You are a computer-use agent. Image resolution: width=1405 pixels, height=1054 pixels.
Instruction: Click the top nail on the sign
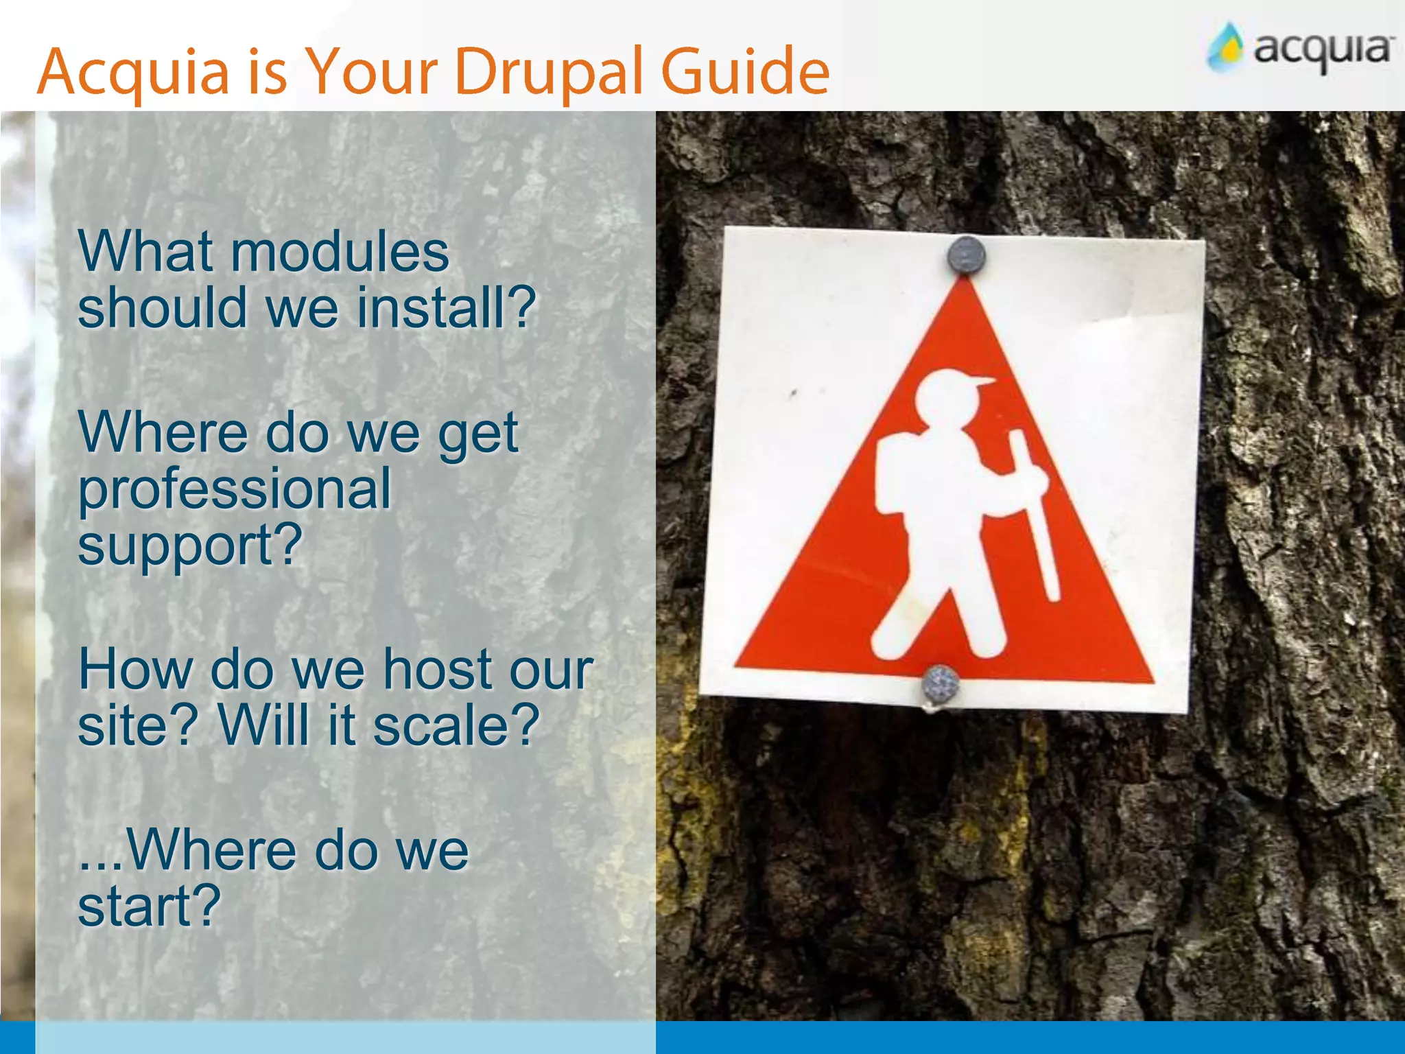[x=966, y=255]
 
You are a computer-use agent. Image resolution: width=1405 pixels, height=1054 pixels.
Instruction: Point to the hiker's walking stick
[x=1036, y=515]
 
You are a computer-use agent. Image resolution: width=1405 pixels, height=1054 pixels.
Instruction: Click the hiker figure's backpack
[x=892, y=473]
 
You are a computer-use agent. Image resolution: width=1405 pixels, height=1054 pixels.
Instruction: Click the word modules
[x=340, y=252]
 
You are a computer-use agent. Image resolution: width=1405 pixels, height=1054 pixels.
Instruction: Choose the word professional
[x=234, y=489]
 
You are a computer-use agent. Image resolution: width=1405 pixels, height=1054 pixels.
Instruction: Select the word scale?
[x=456, y=725]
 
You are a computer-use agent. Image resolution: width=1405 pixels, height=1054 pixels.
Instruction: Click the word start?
[x=149, y=906]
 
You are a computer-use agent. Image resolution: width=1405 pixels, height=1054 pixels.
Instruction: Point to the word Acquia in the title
[x=133, y=72]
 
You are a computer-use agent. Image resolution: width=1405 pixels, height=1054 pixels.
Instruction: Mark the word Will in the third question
[x=263, y=725]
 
